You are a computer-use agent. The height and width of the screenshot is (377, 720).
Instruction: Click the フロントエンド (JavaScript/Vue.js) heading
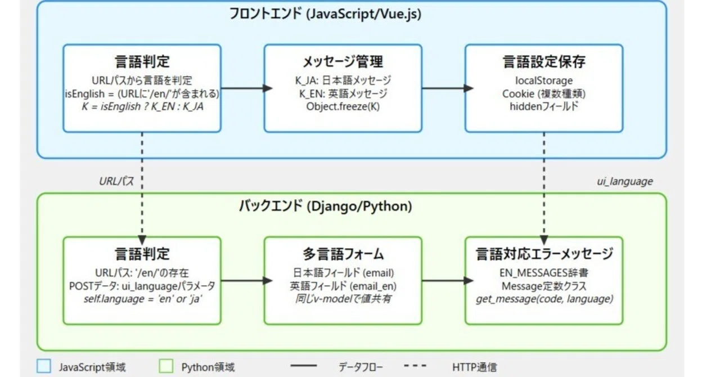(325, 14)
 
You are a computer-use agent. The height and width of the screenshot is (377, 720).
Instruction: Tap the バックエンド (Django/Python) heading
(325, 206)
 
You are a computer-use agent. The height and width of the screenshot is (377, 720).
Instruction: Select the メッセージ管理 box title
(343, 61)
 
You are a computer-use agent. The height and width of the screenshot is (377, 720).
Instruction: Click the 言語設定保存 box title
(544, 61)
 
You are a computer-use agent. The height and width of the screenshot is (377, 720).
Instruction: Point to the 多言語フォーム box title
(343, 254)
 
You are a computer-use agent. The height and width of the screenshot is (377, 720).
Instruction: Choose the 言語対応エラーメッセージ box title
(544, 254)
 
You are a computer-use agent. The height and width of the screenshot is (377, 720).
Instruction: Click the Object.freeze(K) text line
(343, 106)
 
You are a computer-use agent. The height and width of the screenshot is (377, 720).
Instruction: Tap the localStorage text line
(544, 80)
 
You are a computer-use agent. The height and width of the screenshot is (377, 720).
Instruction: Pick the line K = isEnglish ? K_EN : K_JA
(142, 106)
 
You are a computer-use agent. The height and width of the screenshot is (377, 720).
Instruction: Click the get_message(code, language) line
(544, 299)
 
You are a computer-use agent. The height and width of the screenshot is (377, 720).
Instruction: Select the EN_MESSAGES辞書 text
(544, 273)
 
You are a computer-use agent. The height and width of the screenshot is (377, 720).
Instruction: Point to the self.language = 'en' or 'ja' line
(142, 299)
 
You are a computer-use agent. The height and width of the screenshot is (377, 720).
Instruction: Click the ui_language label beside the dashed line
(625, 182)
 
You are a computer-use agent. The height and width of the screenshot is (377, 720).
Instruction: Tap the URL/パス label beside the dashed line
(116, 181)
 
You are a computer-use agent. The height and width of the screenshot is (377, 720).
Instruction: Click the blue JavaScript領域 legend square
(44, 366)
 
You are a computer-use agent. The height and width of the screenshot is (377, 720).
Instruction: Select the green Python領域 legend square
(166, 366)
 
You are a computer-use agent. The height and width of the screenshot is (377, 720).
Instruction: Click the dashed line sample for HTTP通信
(415, 366)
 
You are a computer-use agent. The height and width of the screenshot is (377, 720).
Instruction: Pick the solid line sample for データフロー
(303, 366)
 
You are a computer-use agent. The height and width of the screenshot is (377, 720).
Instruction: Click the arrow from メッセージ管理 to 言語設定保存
(447, 88)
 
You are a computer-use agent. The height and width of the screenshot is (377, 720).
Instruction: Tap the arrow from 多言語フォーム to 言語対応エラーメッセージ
(447, 280)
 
